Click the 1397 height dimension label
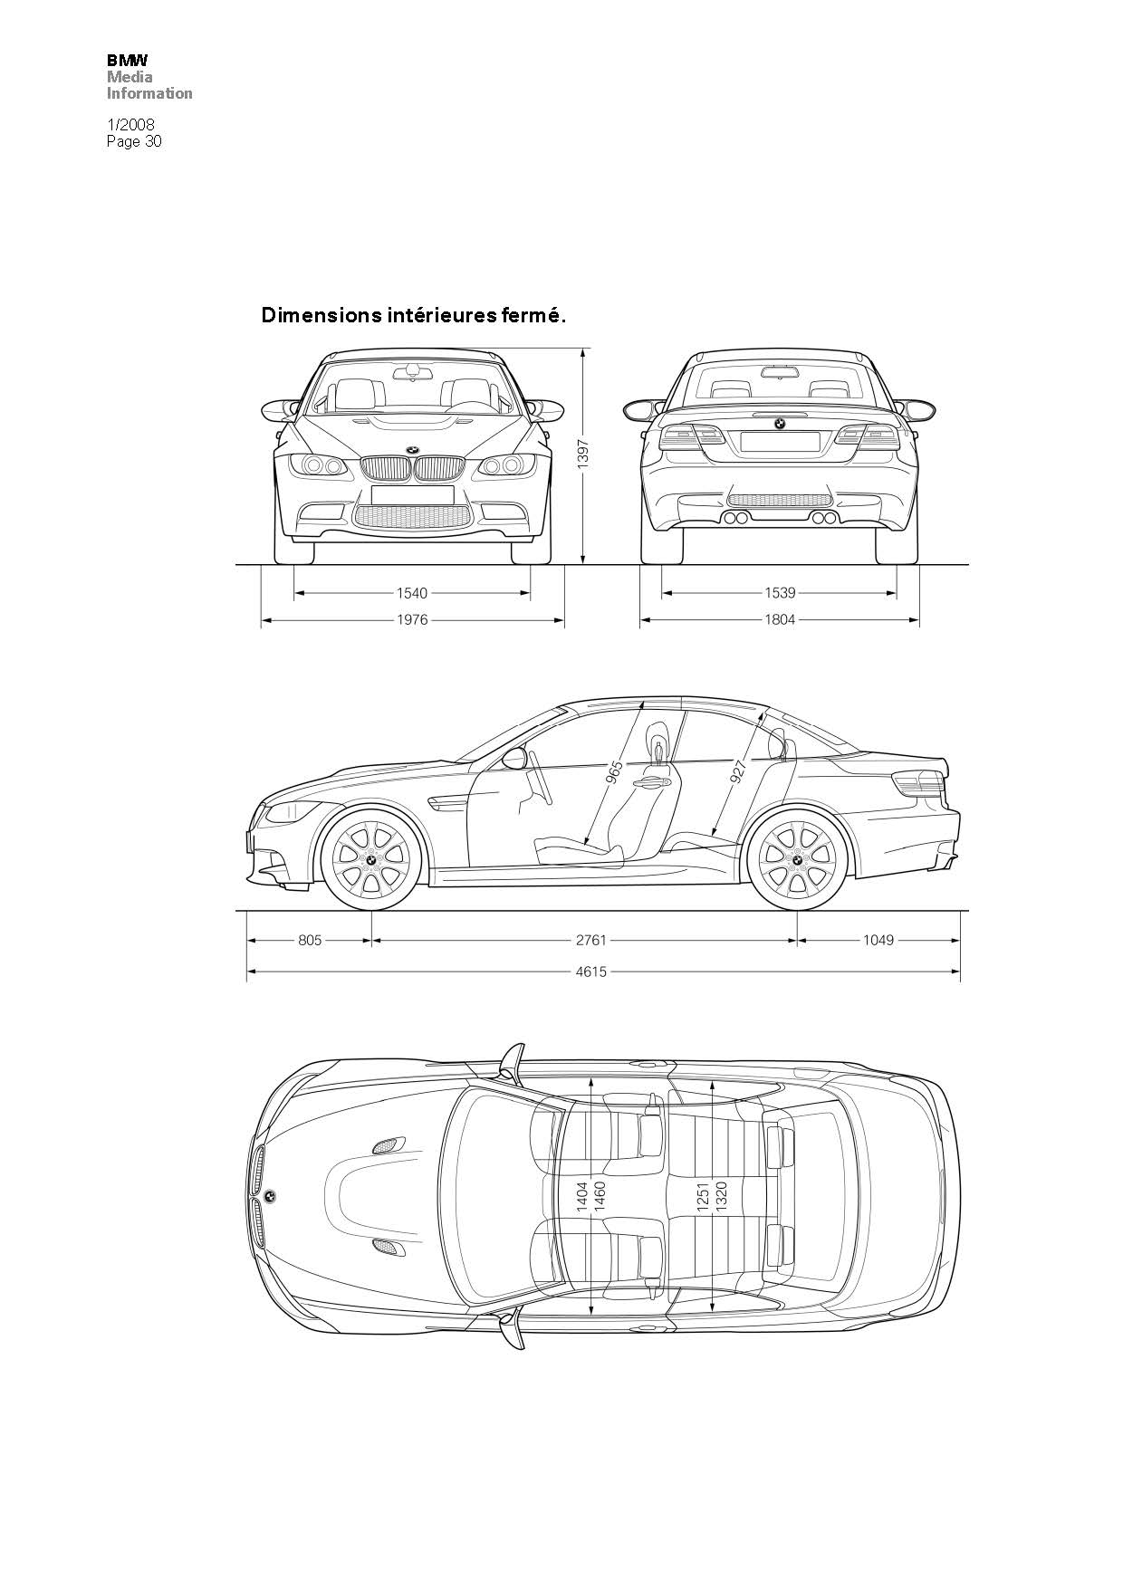[x=583, y=454]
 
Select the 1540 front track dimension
[x=412, y=593]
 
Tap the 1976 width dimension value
[x=412, y=620]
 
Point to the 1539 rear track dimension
[x=780, y=593]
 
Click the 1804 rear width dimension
[x=780, y=620]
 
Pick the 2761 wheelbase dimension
[x=591, y=940]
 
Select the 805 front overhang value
[x=310, y=940]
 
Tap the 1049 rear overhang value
[x=878, y=940]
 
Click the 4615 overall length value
[x=591, y=972]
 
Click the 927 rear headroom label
[x=738, y=771]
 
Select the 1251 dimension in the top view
[x=704, y=1196]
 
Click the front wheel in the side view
[x=371, y=858]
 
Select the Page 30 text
[x=134, y=141]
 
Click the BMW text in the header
[x=127, y=60]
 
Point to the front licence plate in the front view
[x=412, y=494]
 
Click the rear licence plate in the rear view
[x=780, y=441]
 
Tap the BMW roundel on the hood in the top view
[x=270, y=1196]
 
